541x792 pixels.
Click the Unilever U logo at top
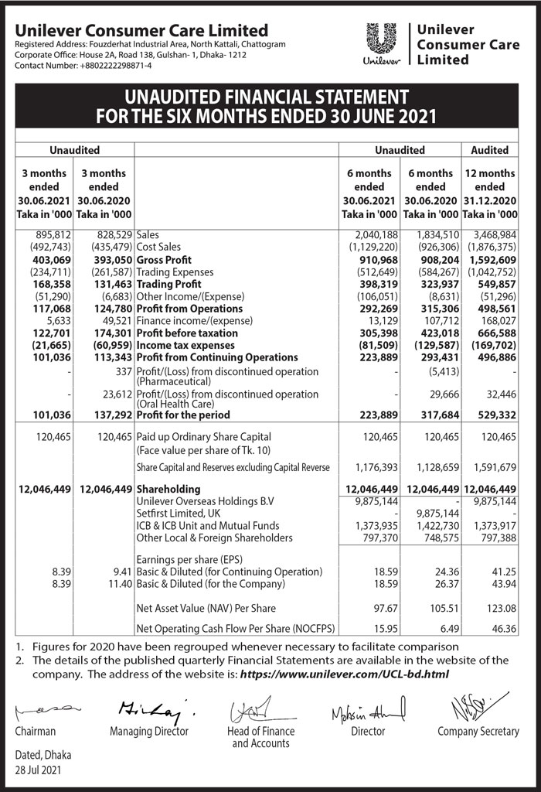pyautogui.click(x=379, y=43)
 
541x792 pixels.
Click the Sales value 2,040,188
pyautogui.click(x=375, y=234)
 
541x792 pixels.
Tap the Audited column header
pyautogui.click(x=489, y=150)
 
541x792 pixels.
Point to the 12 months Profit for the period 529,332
pyautogui.click(x=494, y=415)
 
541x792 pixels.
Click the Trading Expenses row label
pyautogui.click(x=173, y=271)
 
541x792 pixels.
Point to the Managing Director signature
pyautogui.click(x=146, y=708)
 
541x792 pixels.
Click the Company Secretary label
pyautogui.click(x=478, y=732)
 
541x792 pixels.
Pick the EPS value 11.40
pyautogui.click(x=118, y=584)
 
